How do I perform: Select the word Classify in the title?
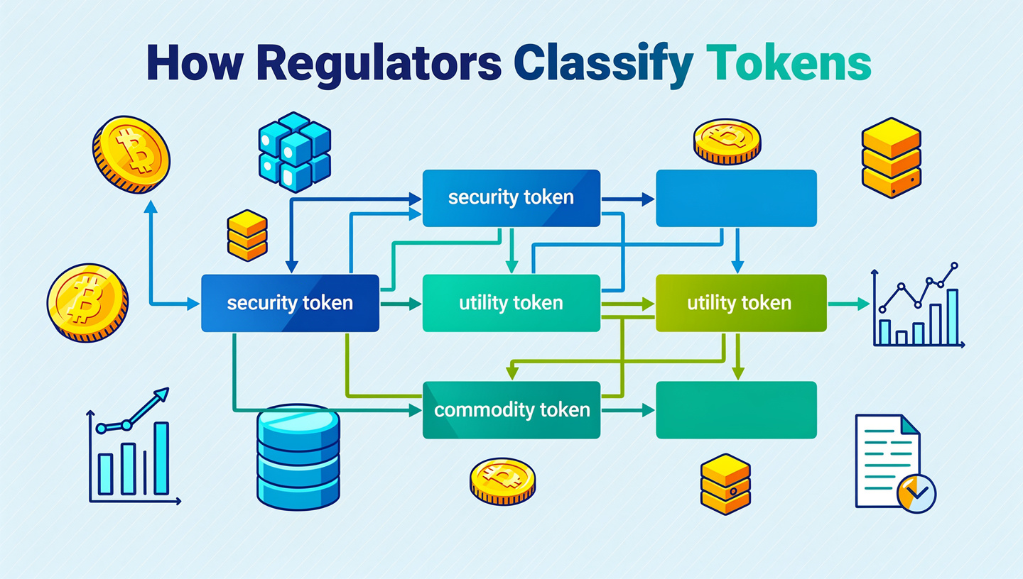tap(602, 65)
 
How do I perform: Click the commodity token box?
tap(511, 410)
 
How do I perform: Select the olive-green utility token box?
tap(740, 304)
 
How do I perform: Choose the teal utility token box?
tap(511, 304)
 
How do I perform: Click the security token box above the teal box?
tap(511, 198)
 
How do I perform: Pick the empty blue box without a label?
tap(736, 198)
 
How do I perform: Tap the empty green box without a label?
tap(736, 410)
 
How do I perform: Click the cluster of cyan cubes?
tap(293, 151)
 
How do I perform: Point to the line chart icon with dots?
tap(917, 305)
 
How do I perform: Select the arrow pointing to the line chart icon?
tap(849, 304)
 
